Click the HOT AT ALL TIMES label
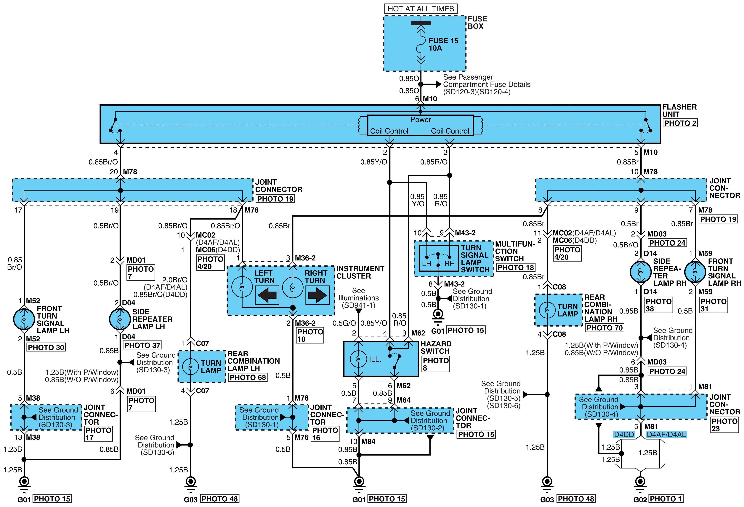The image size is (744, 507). pos(421,9)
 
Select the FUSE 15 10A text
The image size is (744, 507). pos(443,44)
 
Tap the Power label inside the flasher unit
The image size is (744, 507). pos(421,119)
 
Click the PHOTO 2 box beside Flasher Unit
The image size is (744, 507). pos(680,123)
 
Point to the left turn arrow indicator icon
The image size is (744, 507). pos(267,295)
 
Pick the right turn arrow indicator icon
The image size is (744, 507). pos(317,295)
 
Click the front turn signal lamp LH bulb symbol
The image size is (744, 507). pos(24,319)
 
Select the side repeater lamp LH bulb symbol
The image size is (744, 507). pos(120,319)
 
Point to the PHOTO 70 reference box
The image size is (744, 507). pos(604,328)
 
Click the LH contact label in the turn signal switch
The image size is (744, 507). pos(426,264)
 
